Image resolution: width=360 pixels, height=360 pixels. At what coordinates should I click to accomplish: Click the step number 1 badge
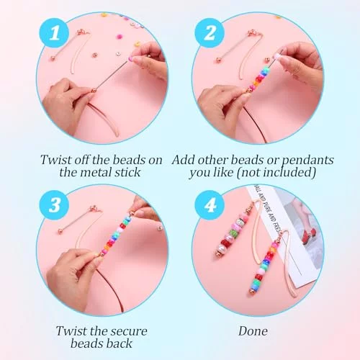tap(55, 33)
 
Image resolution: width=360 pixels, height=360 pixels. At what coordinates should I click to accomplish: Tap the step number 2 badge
tap(210, 33)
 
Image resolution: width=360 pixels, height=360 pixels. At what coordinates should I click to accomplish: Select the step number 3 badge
tap(55, 205)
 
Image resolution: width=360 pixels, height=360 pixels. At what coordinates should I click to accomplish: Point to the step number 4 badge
tap(210, 205)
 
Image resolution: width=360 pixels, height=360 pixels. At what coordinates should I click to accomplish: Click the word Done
tap(253, 331)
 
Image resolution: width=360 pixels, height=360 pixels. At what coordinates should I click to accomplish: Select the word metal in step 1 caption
tap(96, 172)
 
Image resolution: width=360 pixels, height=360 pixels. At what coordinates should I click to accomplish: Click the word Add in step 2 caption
tap(184, 160)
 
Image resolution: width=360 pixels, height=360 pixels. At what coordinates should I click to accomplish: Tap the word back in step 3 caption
tap(121, 343)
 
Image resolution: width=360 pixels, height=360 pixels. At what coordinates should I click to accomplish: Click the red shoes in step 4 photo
tap(310, 235)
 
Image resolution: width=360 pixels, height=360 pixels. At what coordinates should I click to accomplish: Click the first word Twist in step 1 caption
tap(55, 160)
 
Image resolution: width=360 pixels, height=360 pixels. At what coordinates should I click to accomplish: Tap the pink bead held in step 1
tap(131, 58)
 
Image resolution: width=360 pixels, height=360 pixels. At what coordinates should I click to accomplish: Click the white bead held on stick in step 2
tap(276, 57)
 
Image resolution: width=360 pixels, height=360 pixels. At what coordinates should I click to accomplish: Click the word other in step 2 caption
tap(212, 160)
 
